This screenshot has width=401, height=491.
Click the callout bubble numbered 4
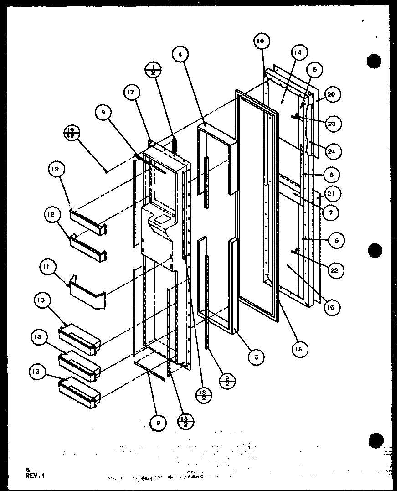coord(180,54)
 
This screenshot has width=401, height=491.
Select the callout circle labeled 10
coord(260,41)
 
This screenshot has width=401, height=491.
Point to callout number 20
coord(331,94)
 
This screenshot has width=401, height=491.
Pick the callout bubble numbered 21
coord(331,194)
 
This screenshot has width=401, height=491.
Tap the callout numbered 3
coord(257,357)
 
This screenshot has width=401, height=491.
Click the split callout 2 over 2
coord(228,381)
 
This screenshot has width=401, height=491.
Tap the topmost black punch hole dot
coord(374,61)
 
